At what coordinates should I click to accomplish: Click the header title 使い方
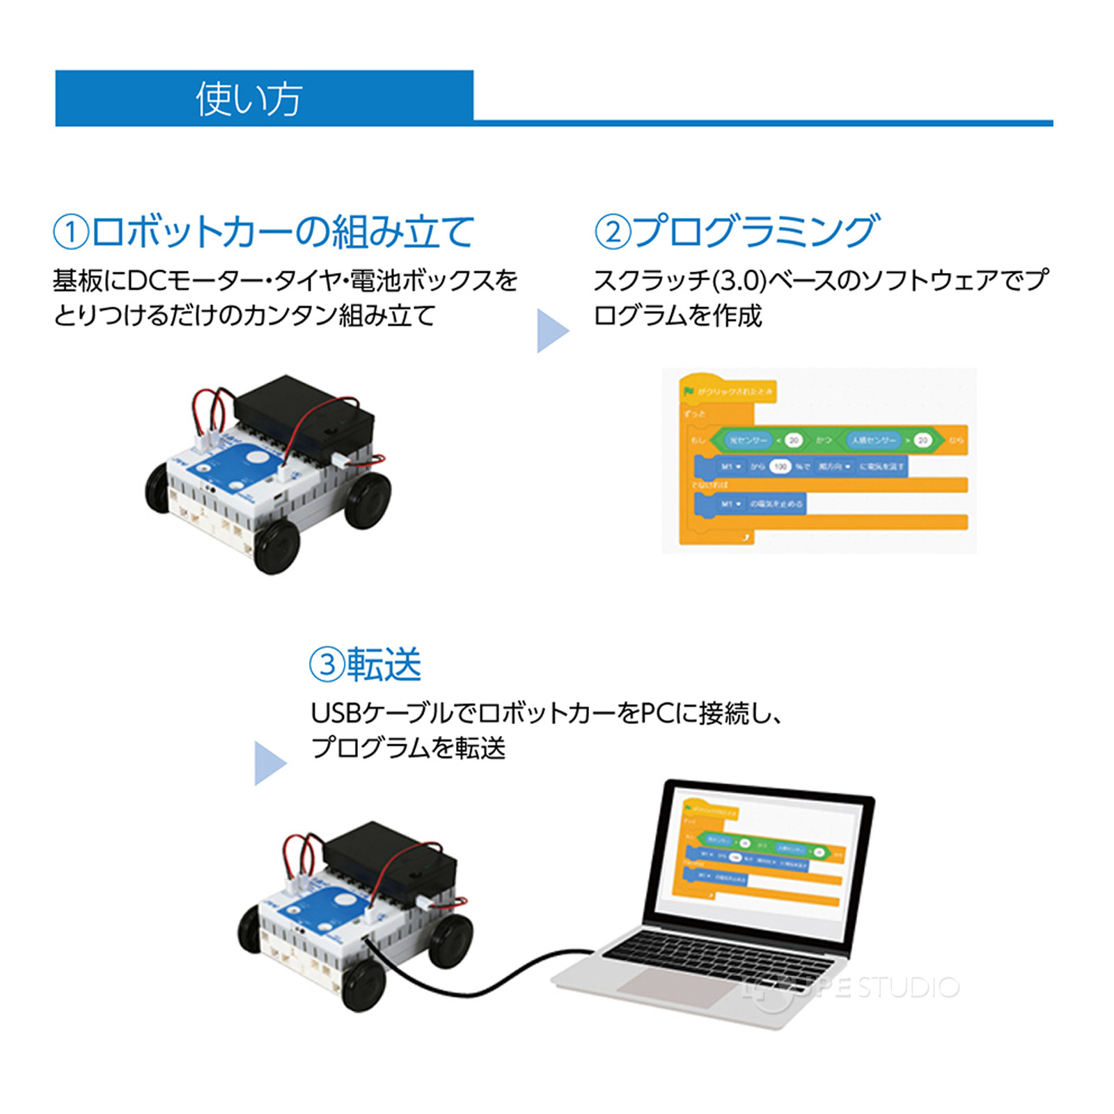[x=249, y=99]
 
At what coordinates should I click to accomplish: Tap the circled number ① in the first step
[x=71, y=232]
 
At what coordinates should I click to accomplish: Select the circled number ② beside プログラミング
[x=612, y=232]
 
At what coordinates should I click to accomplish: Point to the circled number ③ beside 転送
[x=327, y=665]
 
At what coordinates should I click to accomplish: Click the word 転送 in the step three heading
[x=384, y=665]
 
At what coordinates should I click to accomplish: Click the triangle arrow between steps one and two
[x=552, y=331]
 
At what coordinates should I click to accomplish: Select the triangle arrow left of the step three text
[x=269, y=763]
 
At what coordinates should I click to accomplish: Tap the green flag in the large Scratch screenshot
[x=689, y=391]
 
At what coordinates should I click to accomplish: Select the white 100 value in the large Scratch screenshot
[x=780, y=466]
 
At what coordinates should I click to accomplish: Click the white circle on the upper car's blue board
[x=257, y=458]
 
